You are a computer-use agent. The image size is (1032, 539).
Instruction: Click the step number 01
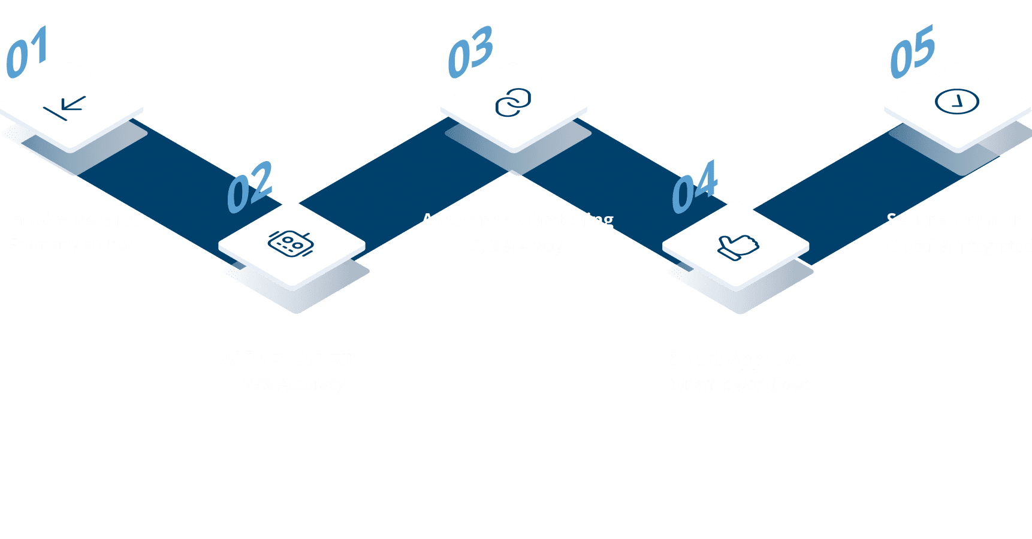click(27, 53)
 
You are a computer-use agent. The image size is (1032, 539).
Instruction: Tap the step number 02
click(250, 187)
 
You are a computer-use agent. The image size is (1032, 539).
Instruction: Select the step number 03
click(471, 53)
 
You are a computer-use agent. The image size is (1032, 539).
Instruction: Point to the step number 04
click(694, 187)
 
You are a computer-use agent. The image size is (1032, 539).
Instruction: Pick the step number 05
click(912, 53)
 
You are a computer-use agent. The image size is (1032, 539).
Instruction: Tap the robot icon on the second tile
click(291, 244)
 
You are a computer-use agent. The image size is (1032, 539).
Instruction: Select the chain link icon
click(514, 103)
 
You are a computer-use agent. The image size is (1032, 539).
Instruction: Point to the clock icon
click(957, 102)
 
